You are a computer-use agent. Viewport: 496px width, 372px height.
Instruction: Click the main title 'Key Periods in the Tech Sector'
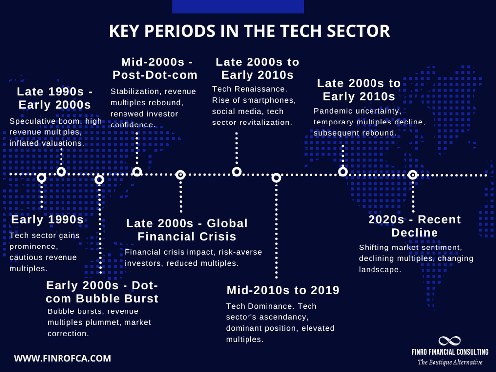(x=249, y=31)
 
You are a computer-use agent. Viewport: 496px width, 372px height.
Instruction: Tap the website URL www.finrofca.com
(x=62, y=358)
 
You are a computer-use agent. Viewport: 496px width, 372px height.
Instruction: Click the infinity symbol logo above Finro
(x=449, y=341)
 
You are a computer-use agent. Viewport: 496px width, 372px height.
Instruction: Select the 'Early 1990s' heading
(x=47, y=220)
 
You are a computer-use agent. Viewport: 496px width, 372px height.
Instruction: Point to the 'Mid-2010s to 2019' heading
(x=283, y=290)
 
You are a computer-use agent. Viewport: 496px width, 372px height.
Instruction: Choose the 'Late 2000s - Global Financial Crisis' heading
(x=186, y=230)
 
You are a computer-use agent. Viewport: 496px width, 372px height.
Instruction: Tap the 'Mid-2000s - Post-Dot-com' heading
(x=155, y=69)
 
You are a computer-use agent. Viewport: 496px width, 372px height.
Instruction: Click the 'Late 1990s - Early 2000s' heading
(x=54, y=98)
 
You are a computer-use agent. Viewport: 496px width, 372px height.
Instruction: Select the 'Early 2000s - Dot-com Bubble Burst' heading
(x=102, y=292)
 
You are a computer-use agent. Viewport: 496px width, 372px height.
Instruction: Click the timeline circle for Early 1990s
(x=42, y=178)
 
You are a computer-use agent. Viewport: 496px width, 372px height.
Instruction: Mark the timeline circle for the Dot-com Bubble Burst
(x=99, y=179)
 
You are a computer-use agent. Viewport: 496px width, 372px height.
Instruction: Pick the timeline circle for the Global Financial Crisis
(x=181, y=175)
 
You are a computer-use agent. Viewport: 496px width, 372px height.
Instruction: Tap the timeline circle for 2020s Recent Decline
(x=412, y=175)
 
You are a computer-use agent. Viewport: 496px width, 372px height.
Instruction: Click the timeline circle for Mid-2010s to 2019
(x=276, y=178)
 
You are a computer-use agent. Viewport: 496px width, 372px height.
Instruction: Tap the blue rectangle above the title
(x=238, y=6)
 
